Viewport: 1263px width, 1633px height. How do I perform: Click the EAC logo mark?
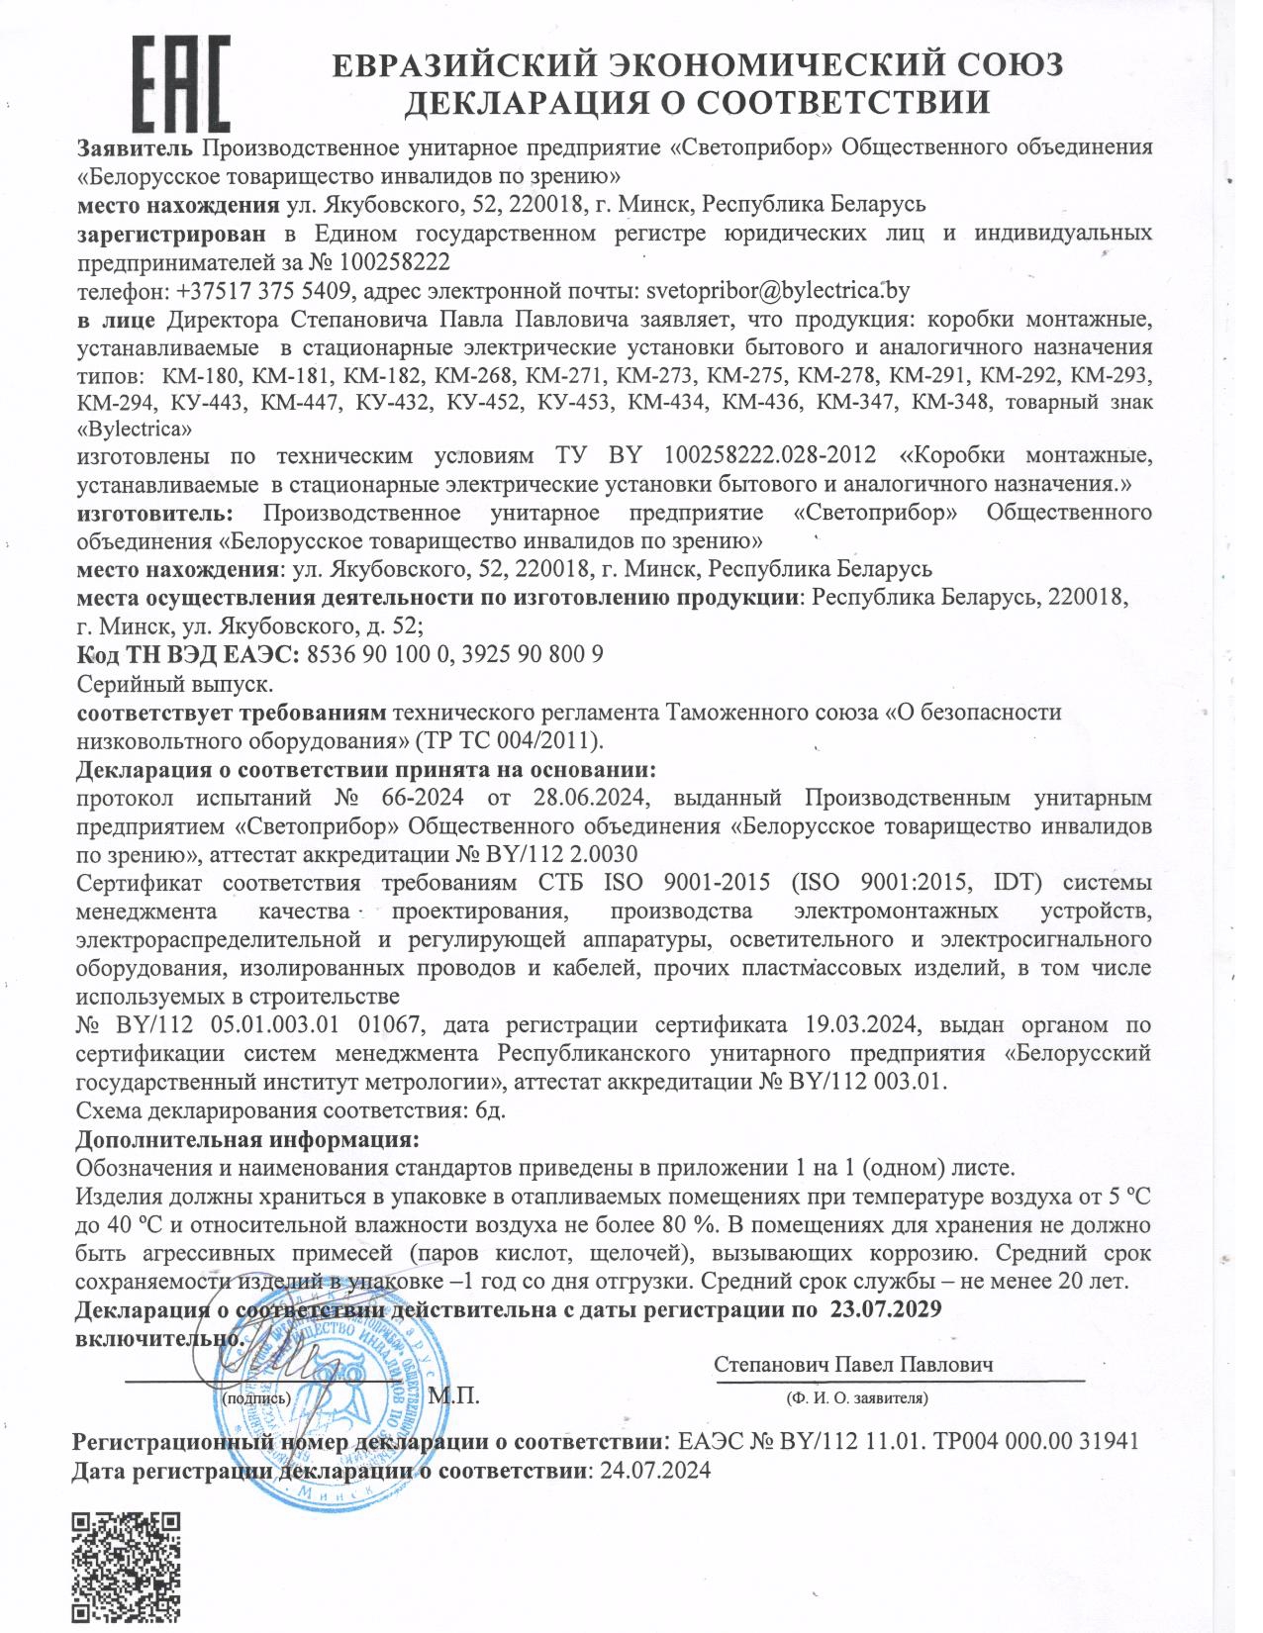(x=181, y=84)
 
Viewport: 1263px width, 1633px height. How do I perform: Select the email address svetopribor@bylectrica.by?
(x=777, y=291)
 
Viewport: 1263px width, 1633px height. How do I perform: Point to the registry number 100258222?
(x=394, y=262)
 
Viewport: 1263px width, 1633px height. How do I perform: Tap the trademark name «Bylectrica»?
(x=134, y=431)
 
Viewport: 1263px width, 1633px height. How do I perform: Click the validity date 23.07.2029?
(x=885, y=1308)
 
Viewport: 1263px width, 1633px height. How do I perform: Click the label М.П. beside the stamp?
(x=454, y=1395)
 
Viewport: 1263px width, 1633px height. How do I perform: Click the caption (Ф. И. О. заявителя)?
(x=857, y=1397)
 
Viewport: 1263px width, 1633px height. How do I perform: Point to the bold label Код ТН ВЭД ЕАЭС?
(x=185, y=654)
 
